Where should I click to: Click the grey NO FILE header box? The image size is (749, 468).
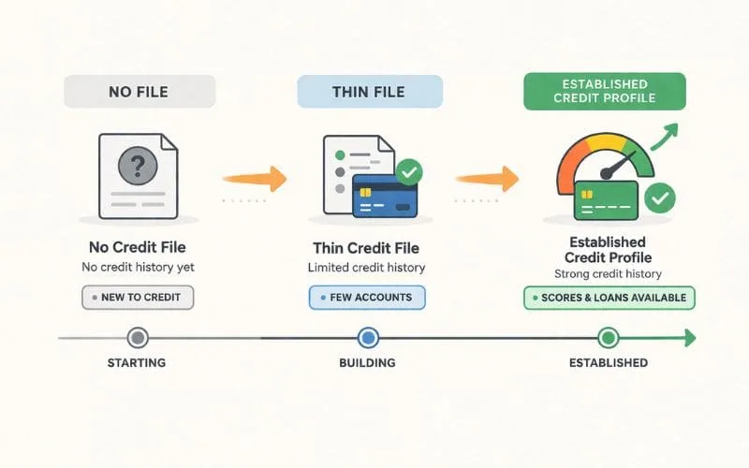tap(140, 92)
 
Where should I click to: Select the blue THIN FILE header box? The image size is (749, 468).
tap(370, 92)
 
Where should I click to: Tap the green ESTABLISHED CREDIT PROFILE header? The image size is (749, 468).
tap(603, 92)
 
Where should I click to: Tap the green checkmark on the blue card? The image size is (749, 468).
tap(409, 171)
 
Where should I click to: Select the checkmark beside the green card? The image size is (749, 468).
tap(661, 197)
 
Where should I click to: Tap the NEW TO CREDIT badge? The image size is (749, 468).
tap(138, 298)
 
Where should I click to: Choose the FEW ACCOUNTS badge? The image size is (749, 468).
tap(367, 298)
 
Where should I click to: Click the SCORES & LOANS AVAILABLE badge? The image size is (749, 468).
tap(609, 298)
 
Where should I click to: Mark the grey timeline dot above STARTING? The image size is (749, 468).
tap(138, 337)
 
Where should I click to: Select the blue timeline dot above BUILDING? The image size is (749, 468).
tap(368, 337)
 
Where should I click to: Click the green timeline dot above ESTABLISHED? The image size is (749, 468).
tap(608, 337)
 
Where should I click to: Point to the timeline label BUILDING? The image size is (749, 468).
tap(368, 362)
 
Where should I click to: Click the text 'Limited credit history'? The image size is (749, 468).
tap(366, 268)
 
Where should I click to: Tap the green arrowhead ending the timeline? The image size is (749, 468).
tap(689, 337)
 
